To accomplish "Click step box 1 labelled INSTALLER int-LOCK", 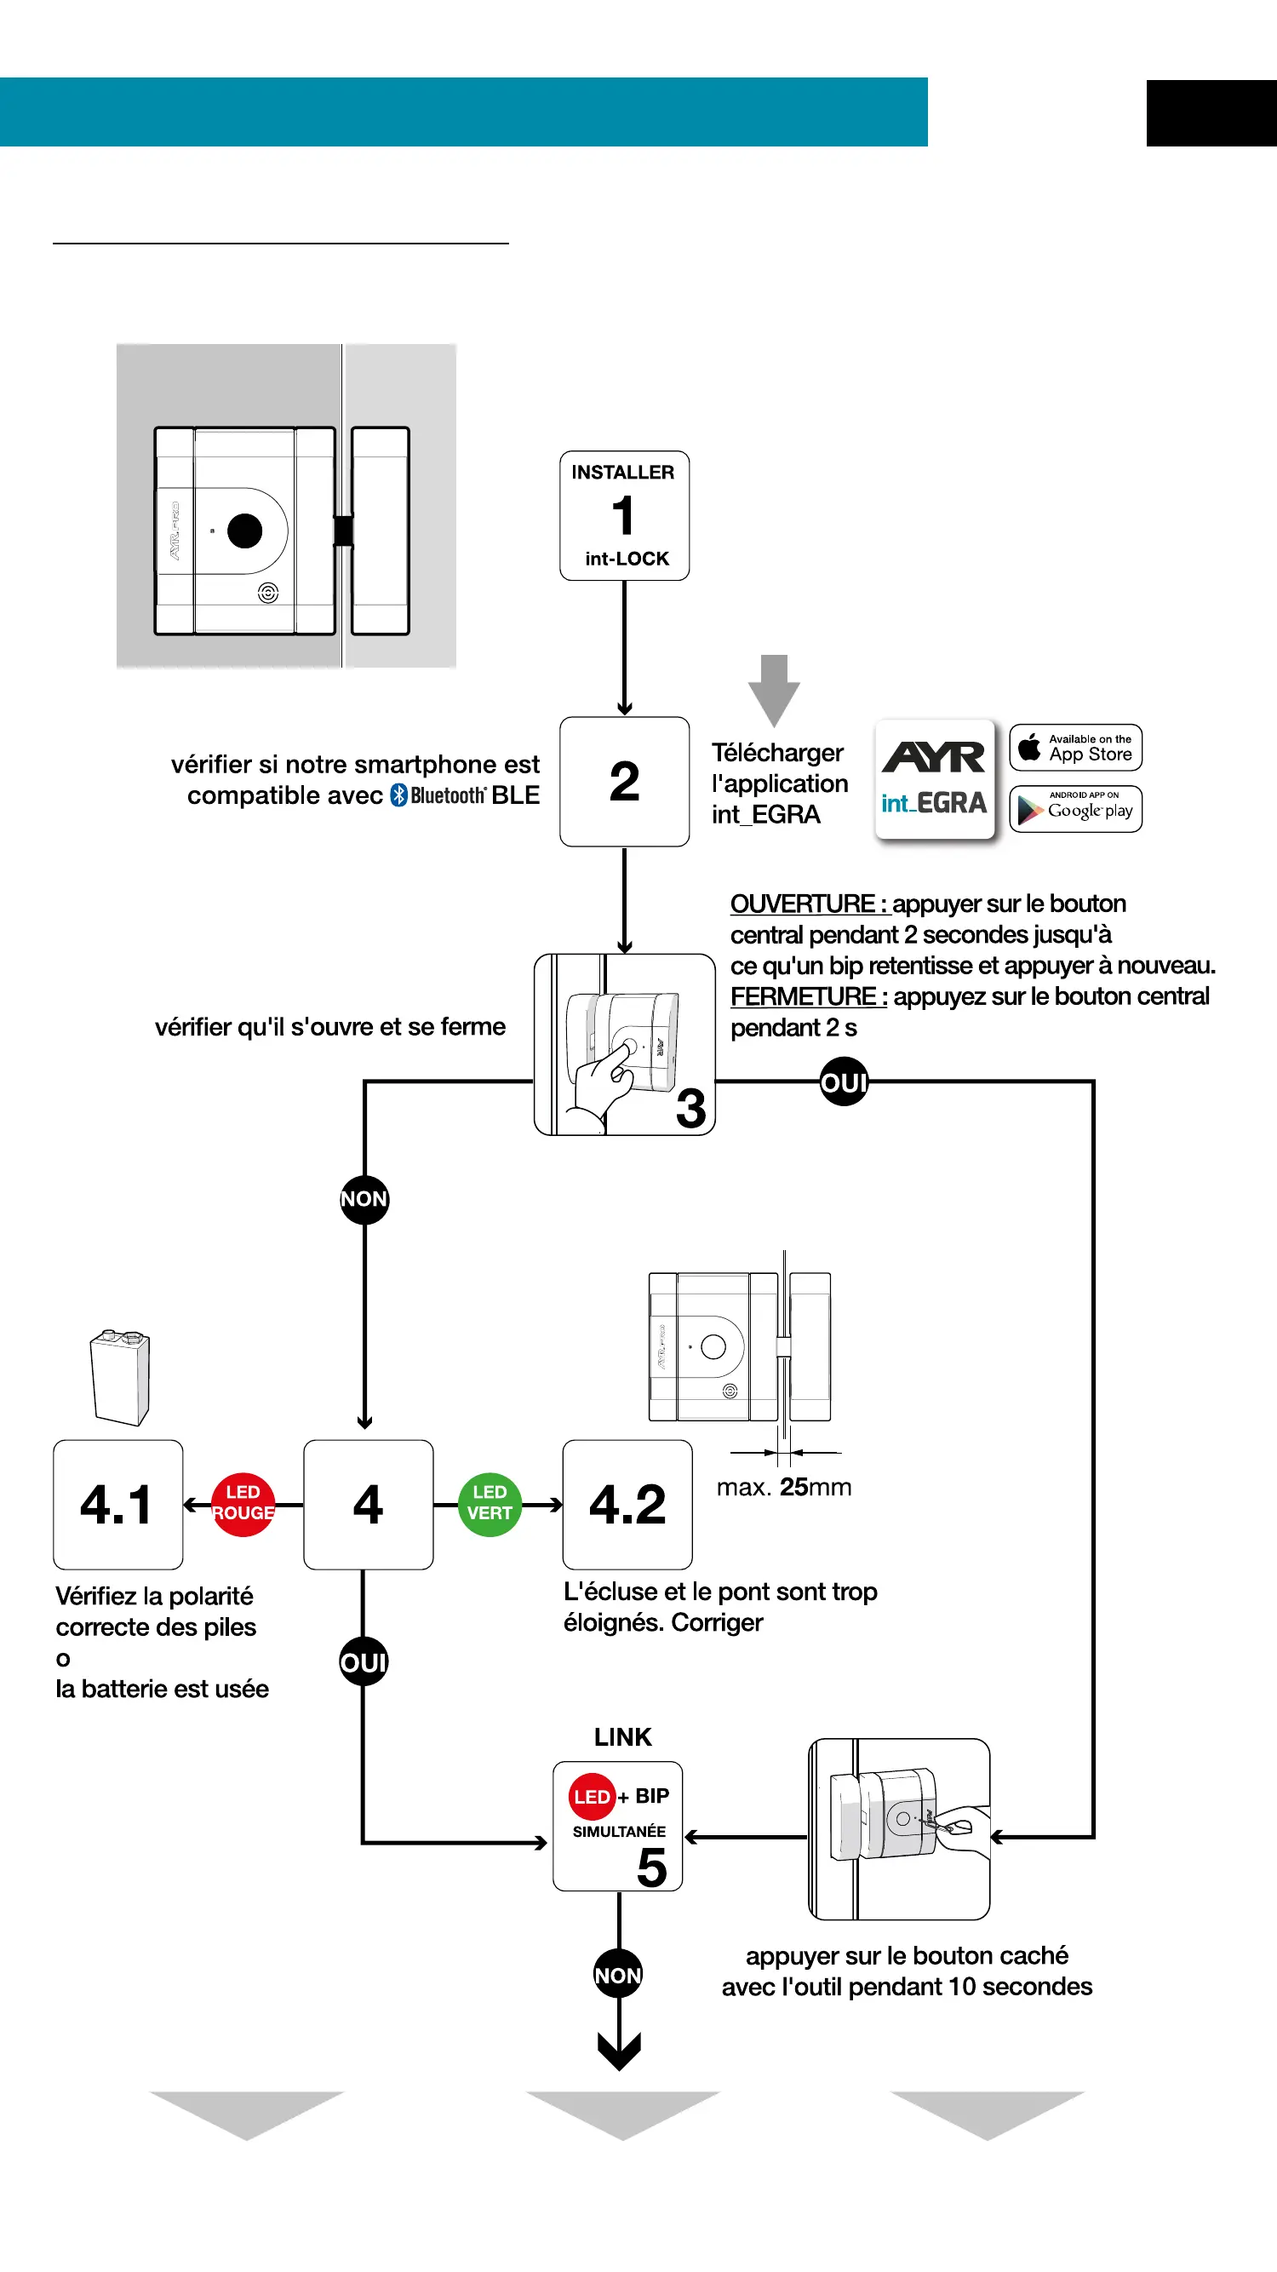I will click(x=624, y=516).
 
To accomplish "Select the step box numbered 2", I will click(x=624, y=782).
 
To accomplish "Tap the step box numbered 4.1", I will click(x=118, y=1505).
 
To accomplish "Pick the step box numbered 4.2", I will click(x=627, y=1505).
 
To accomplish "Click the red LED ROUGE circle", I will click(x=243, y=1504).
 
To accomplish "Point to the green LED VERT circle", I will click(x=490, y=1504).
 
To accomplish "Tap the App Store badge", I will click(x=1075, y=748).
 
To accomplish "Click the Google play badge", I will click(x=1075, y=809).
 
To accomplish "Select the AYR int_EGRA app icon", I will click(x=934, y=779).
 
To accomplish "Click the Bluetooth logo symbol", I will click(x=398, y=795).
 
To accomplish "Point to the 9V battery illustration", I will click(x=120, y=1377).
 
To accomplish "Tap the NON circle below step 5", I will click(x=618, y=1975).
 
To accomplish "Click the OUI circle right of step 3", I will click(x=844, y=1081).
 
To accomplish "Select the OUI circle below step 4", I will click(x=364, y=1661).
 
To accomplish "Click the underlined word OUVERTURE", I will click(x=803, y=904).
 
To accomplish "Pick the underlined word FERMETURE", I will click(x=804, y=996).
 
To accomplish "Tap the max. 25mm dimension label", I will click(x=784, y=1487).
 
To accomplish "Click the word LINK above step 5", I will click(x=622, y=1736).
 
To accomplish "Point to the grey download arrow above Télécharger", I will click(x=773, y=689).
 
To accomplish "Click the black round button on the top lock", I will click(x=245, y=531).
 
